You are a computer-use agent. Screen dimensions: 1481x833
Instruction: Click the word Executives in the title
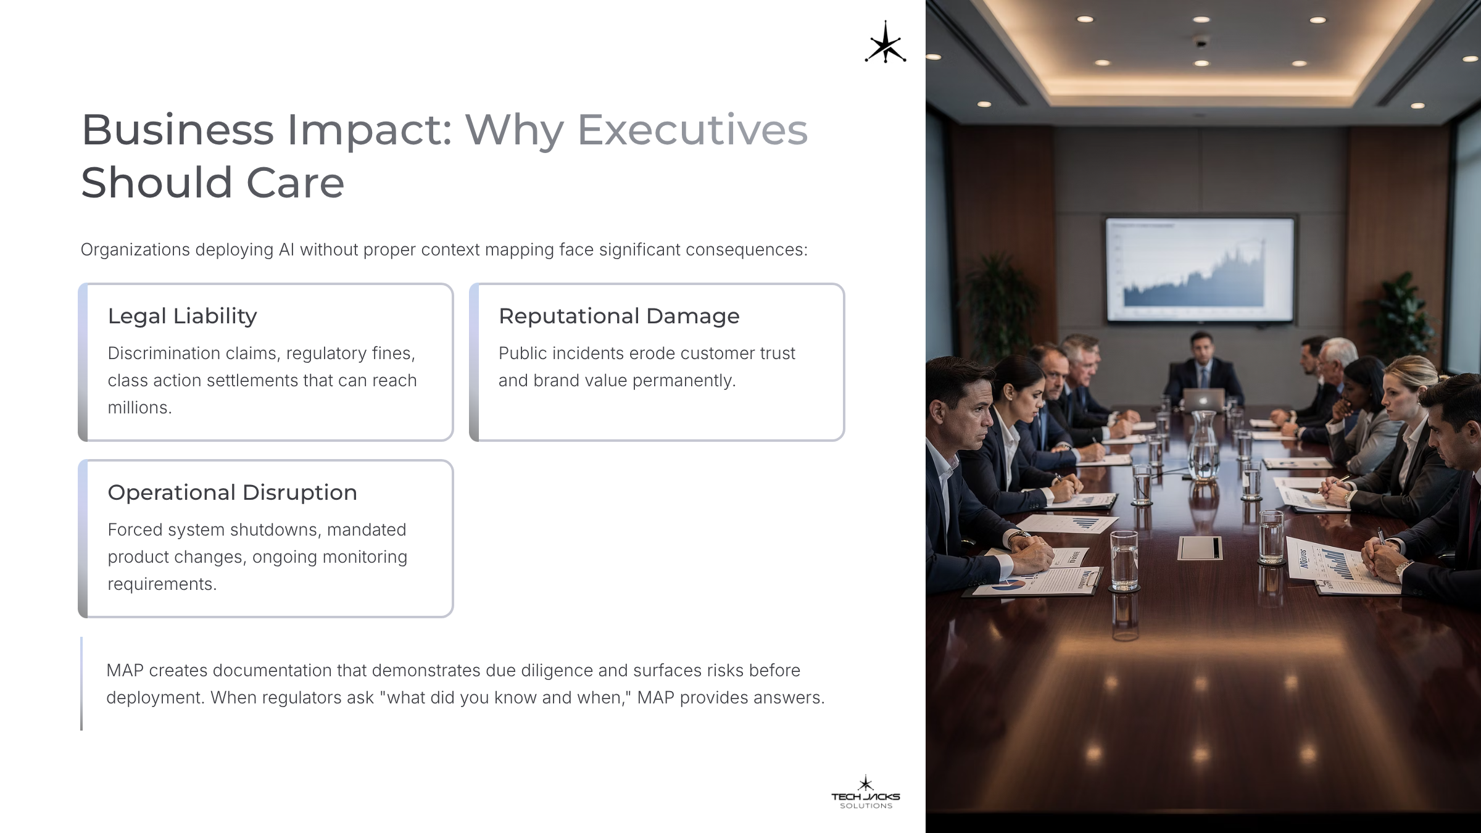(x=692, y=130)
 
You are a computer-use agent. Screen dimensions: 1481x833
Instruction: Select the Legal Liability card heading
(x=182, y=316)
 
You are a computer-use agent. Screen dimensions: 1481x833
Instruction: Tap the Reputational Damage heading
(x=619, y=316)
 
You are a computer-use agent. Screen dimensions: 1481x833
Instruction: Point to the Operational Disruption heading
(x=232, y=492)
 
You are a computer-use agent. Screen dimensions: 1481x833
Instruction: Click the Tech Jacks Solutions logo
(x=866, y=792)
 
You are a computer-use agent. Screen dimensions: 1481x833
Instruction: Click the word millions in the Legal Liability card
(x=139, y=407)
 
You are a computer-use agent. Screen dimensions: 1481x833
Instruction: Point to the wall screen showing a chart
(x=1199, y=270)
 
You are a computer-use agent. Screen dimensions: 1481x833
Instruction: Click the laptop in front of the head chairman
(x=1203, y=400)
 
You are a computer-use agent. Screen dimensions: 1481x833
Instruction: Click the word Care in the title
(x=295, y=183)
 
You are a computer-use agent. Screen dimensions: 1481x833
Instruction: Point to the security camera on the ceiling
(x=1200, y=42)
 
